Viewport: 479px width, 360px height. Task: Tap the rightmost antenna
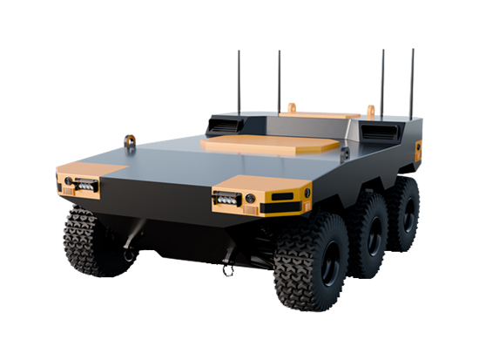412,83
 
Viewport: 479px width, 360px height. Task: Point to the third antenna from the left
381,83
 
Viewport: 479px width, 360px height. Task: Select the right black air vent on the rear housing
381,131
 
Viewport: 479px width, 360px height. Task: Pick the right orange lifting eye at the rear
370,111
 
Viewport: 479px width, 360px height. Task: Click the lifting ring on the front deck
130,140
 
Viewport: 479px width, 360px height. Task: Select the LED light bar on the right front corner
228,199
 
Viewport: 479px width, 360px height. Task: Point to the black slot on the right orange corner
280,197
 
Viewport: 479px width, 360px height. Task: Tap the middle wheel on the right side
367,235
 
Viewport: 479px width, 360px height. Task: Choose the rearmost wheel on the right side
402,213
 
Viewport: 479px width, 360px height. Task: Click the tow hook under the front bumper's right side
228,268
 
